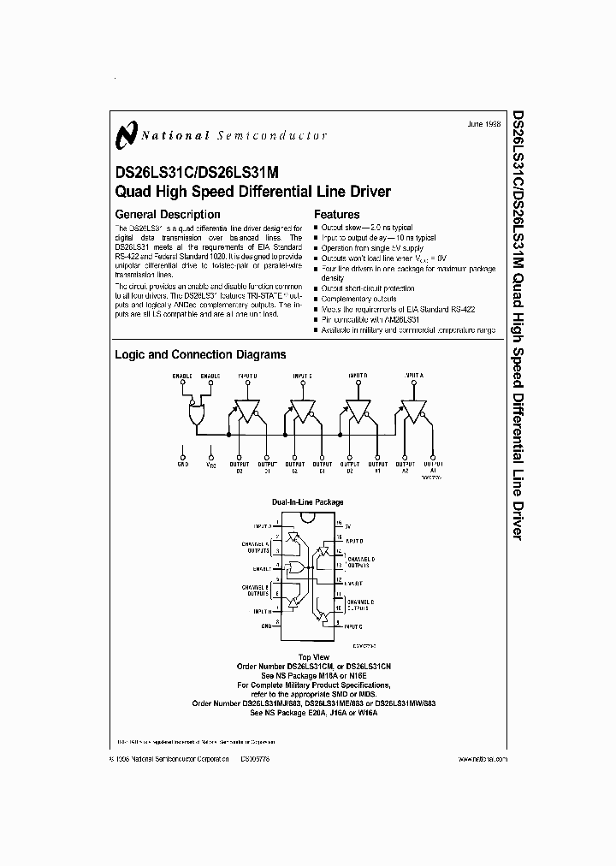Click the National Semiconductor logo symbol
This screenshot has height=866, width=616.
click(x=127, y=134)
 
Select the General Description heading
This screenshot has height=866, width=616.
click(x=168, y=215)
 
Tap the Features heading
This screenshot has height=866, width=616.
click(x=337, y=215)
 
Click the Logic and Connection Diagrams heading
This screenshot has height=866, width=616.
click(x=200, y=354)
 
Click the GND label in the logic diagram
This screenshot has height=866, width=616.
click(x=182, y=464)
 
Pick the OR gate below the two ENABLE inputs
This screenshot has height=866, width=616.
click(x=196, y=415)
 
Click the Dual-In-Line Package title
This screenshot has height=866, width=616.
click(x=307, y=502)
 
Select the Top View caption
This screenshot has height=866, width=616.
click(x=307, y=655)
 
